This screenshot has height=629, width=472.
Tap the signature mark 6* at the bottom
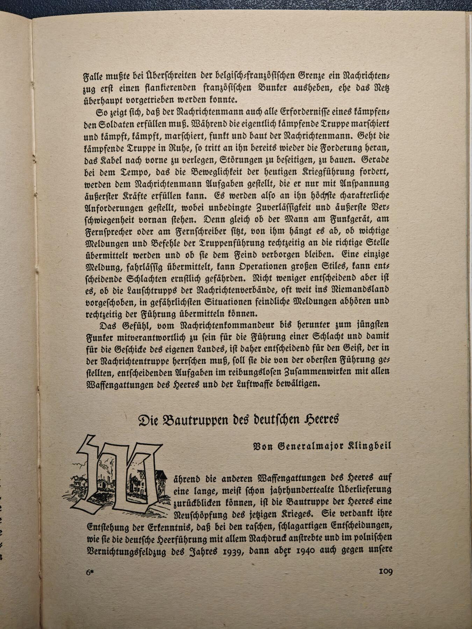coord(91,572)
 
